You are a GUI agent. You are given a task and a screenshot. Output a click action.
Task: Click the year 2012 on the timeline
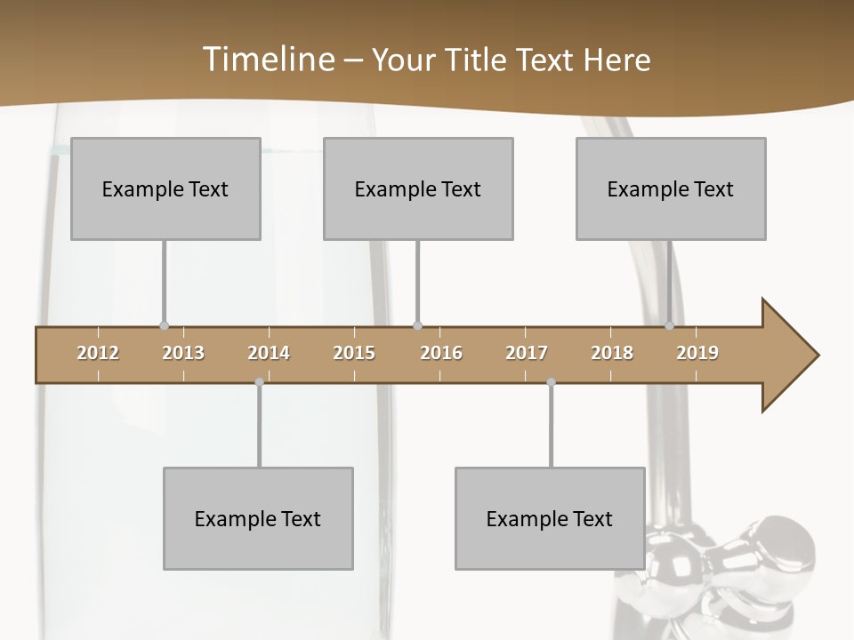point(98,353)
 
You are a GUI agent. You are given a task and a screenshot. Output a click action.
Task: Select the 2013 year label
point(183,353)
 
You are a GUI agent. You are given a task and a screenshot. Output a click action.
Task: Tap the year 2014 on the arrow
point(269,353)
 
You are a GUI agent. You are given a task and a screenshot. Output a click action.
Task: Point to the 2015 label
point(354,353)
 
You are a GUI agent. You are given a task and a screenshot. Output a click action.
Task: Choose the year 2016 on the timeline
point(441,353)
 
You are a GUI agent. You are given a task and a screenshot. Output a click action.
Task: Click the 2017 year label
point(527,353)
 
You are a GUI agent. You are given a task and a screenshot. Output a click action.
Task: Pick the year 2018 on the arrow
point(612,353)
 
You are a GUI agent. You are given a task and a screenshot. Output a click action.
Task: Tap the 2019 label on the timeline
point(697,353)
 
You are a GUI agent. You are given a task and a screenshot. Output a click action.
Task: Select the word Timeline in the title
point(267,60)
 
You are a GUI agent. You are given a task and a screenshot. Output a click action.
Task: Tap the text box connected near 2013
point(165,188)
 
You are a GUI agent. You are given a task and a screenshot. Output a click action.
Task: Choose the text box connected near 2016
point(418,188)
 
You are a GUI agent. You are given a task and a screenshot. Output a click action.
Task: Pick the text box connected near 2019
point(671,188)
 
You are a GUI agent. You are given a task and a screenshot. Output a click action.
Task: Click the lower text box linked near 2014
point(258,518)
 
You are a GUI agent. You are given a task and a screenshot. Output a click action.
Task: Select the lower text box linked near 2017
point(550,518)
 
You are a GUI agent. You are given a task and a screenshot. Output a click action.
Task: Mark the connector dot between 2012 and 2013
point(164,325)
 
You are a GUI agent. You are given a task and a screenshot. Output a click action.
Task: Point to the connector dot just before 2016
point(417,325)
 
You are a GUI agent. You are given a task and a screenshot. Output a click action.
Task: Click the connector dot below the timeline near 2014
point(259,382)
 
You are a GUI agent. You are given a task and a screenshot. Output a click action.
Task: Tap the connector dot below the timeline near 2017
point(551,382)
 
